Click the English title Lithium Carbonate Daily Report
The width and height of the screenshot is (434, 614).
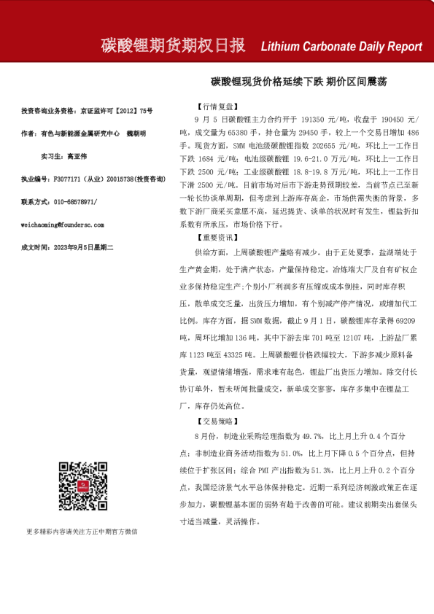pos(341,47)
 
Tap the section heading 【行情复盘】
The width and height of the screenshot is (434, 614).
pos(217,106)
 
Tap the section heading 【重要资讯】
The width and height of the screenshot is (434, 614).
pos(217,238)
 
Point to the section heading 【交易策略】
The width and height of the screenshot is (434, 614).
pos(217,421)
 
